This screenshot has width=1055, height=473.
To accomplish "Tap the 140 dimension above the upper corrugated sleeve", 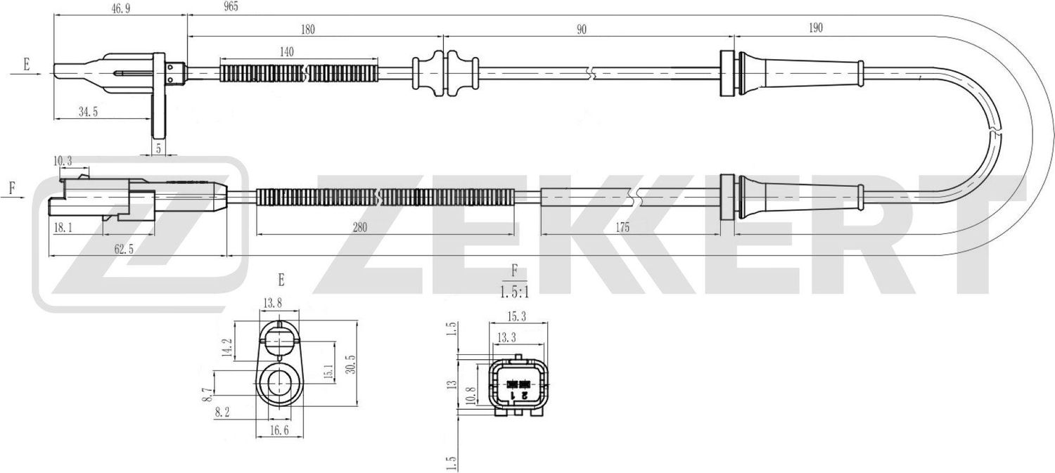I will [x=286, y=51].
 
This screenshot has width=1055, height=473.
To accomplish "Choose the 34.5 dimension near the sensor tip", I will [x=88, y=111].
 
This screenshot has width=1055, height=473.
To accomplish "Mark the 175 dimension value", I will [x=621, y=227].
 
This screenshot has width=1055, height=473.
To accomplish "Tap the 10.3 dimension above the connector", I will [x=63, y=162].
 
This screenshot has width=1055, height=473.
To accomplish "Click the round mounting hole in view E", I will [x=280, y=384].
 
